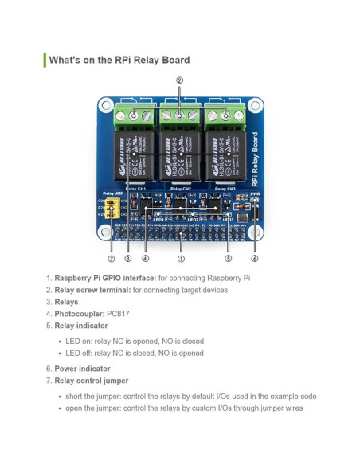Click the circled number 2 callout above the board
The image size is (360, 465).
180,80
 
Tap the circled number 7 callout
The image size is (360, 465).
111,258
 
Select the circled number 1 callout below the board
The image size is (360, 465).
181,258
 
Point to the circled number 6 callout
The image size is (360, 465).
254,258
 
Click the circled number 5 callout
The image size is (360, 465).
228,258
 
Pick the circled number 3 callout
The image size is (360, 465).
127,258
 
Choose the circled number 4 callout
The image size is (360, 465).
145,258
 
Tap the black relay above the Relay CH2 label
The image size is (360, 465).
180,155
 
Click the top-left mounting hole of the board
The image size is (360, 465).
104,105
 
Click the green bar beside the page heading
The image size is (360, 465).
45,60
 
